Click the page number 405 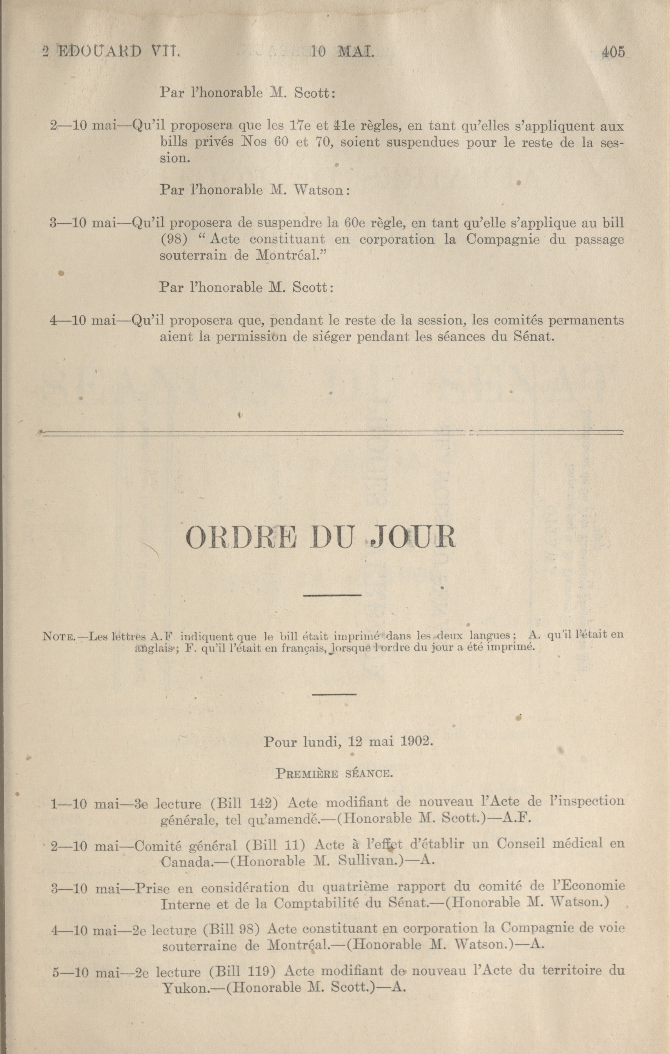(x=613, y=52)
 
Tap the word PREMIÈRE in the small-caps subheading (x=306, y=773)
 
